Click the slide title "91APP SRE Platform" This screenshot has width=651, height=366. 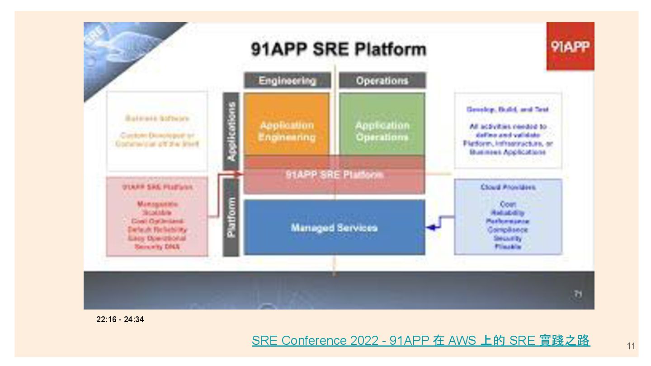pyautogui.click(x=338, y=49)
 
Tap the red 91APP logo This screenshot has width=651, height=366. pyautogui.click(x=570, y=46)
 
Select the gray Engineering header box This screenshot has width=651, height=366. pyautogui.click(x=287, y=80)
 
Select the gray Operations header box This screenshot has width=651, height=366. pyautogui.click(x=382, y=80)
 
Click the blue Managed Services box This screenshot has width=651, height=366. pyautogui.click(x=334, y=227)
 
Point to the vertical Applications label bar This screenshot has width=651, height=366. pyautogui.click(x=231, y=131)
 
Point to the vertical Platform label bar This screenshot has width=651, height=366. pyautogui.click(x=231, y=217)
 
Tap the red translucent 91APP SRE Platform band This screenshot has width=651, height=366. pyautogui.click(x=334, y=175)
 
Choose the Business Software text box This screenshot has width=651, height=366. pyautogui.click(x=157, y=131)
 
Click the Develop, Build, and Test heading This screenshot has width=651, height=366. pyautogui.click(x=507, y=109)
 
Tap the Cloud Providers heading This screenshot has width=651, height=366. pyautogui.click(x=508, y=187)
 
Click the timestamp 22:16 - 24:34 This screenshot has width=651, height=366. pyautogui.click(x=120, y=319)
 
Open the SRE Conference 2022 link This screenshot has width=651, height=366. pyautogui.click(x=420, y=340)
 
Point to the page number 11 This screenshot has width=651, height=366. pyautogui.click(x=631, y=347)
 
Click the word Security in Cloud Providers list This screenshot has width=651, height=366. pyautogui.click(x=508, y=238)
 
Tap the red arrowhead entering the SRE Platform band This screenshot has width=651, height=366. pyautogui.click(x=240, y=174)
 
